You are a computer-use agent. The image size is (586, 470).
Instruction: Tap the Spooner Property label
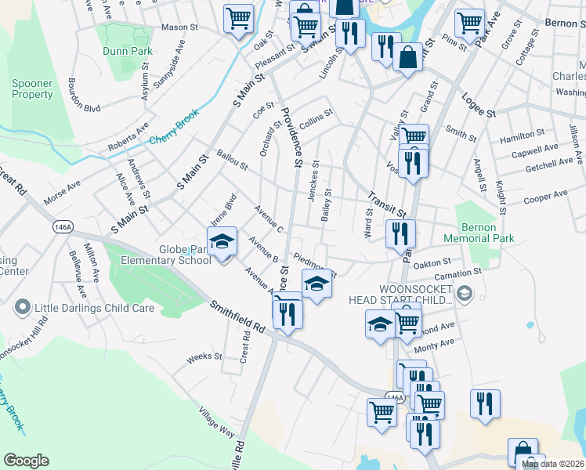(x=32, y=89)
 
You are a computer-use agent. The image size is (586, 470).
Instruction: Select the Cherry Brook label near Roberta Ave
(x=175, y=140)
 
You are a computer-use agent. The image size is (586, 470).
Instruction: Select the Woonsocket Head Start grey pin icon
(x=464, y=294)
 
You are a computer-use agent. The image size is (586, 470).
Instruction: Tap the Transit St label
(x=387, y=207)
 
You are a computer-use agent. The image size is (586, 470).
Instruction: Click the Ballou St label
(x=233, y=161)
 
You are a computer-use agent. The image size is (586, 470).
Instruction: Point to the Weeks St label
(x=204, y=358)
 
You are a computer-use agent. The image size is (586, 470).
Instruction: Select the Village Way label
(x=216, y=421)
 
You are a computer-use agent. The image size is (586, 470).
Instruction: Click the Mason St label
(x=179, y=27)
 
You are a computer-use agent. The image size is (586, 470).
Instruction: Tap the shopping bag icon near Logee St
(x=407, y=57)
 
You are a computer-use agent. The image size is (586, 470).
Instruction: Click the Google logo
(x=27, y=461)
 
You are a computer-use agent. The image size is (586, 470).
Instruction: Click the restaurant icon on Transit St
(x=400, y=232)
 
